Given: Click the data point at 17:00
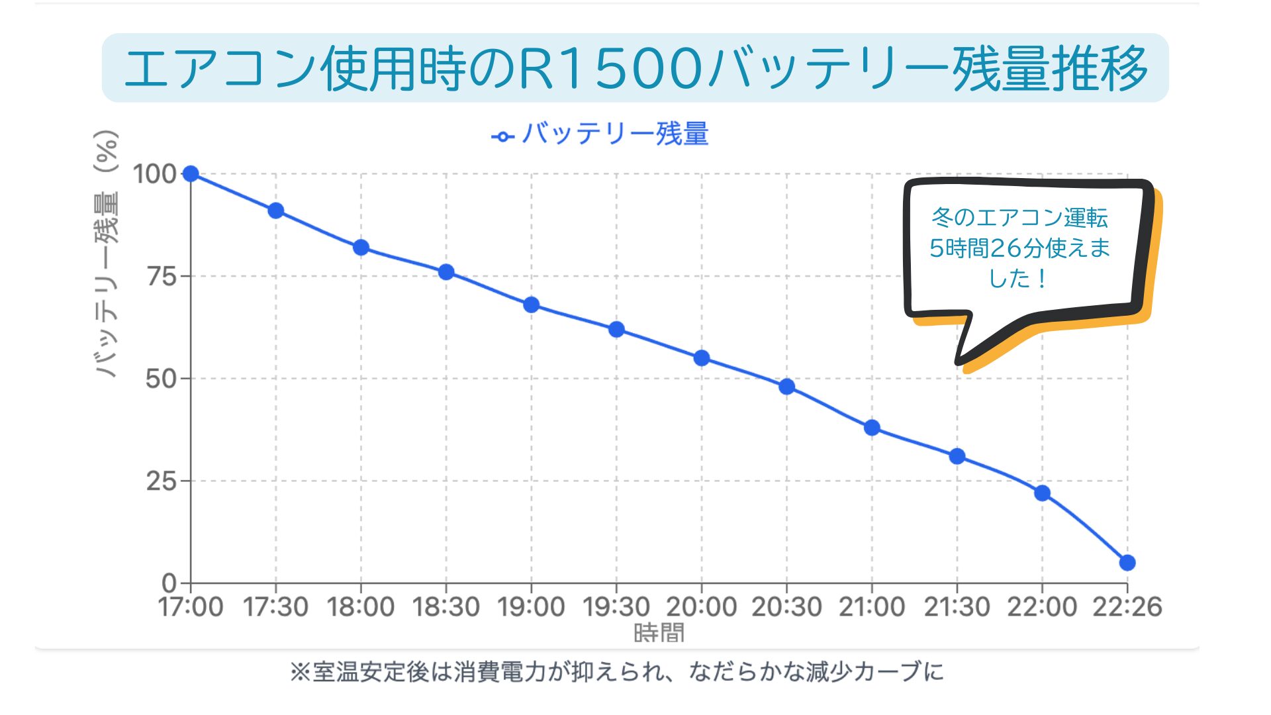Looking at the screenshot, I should pyautogui.click(x=191, y=173).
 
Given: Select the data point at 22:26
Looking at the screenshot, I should pyautogui.click(x=1127, y=563).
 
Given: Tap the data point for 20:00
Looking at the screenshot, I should pyautogui.click(x=702, y=358).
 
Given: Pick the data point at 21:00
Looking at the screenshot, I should pyautogui.click(x=872, y=428).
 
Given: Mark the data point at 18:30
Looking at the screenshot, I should pyautogui.click(x=446, y=272).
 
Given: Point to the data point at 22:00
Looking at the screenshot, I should pyautogui.click(x=1042, y=493).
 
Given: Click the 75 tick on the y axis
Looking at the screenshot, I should pyautogui.click(x=162, y=276).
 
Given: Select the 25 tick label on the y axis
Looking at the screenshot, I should pyautogui.click(x=162, y=481).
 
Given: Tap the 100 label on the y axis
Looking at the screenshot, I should pyautogui.click(x=154, y=174).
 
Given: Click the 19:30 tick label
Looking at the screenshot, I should pyautogui.click(x=616, y=606).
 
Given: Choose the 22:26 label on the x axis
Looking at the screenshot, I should pyautogui.click(x=1127, y=606).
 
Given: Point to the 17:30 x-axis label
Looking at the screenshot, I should pyautogui.click(x=275, y=606).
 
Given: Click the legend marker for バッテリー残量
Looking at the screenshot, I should pyautogui.click(x=502, y=136).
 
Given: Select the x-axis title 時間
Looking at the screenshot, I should pyautogui.click(x=659, y=633).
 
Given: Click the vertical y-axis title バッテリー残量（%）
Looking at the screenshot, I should pyautogui.click(x=106, y=254).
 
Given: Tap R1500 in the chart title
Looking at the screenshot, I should pyautogui.click(x=609, y=69).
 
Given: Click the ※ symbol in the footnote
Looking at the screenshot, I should pyautogui.click(x=300, y=672).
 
